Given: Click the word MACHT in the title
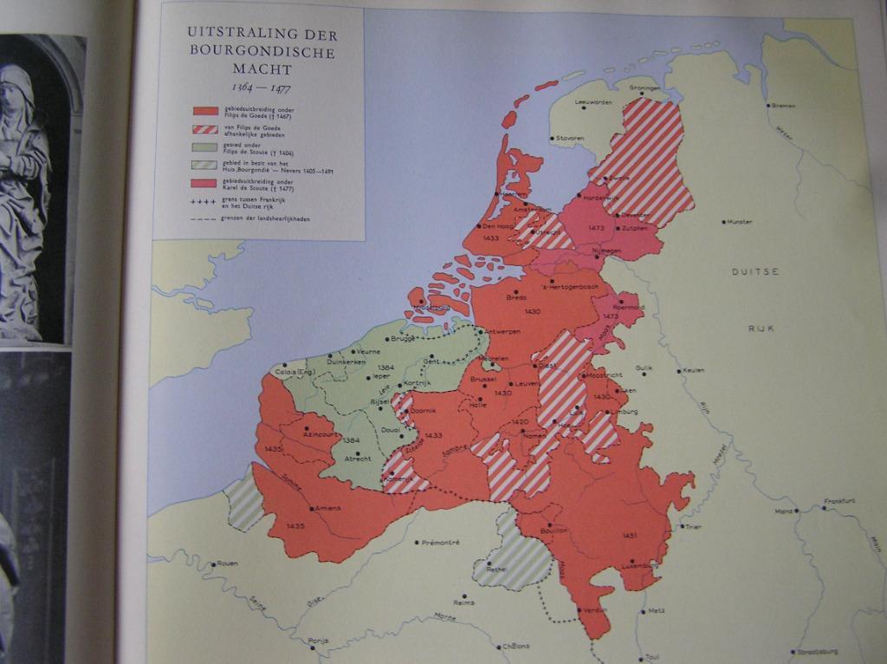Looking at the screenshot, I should pyautogui.click(x=262, y=68).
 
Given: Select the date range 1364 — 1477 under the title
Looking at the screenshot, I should pyautogui.click(x=262, y=88).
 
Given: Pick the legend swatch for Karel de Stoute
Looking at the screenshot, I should pyautogui.click(x=204, y=184).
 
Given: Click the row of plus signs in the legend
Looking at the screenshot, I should pyautogui.click(x=204, y=200).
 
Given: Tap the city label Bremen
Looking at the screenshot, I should pyautogui.click(x=783, y=106).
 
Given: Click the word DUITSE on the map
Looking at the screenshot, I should pyautogui.click(x=755, y=272).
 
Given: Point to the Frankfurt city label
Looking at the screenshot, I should pyautogui.click(x=839, y=501).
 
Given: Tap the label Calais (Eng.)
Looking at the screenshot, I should pyautogui.click(x=293, y=373).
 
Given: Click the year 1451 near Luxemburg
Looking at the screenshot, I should pyautogui.click(x=630, y=537).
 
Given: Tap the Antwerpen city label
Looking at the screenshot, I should pyautogui.click(x=502, y=332).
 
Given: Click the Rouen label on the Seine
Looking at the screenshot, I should pyautogui.click(x=226, y=563).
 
